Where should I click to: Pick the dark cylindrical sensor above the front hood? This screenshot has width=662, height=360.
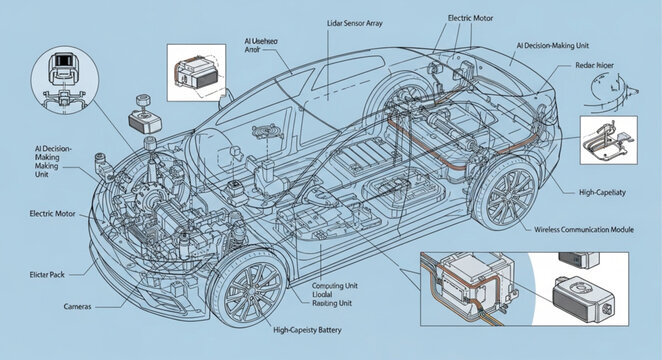(142, 104)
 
